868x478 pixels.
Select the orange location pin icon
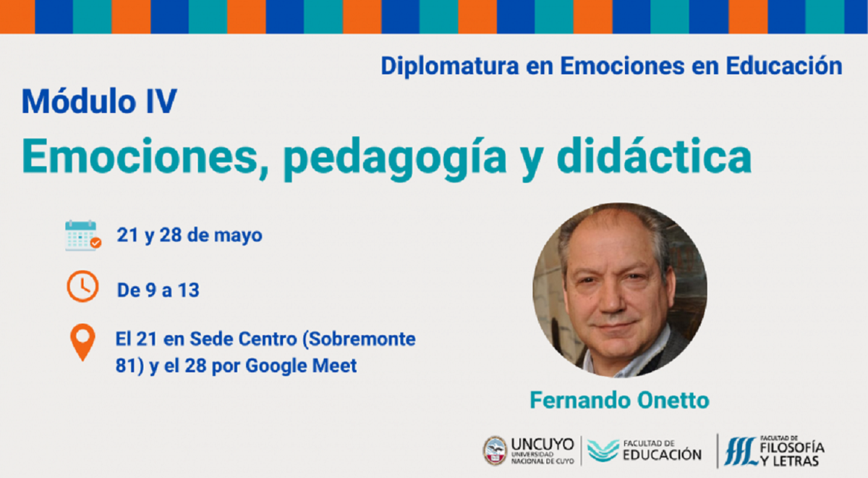pos(82,343)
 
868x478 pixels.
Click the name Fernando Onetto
pos(619,400)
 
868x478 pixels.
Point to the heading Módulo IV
pos(98,101)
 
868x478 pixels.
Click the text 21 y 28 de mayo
pos(190,236)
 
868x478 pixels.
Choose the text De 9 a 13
pos(158,290)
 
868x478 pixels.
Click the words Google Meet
pos(301,366)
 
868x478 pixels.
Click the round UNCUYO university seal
pos(495,450)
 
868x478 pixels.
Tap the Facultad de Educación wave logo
pos(603,450)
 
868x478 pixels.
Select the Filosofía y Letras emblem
pos(739,450)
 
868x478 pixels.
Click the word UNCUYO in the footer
pos(542,443)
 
